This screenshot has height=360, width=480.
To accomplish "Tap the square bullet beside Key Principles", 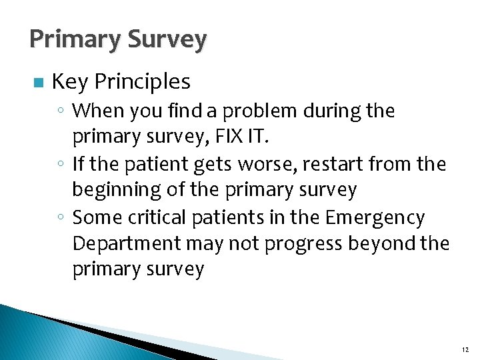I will point(37,83).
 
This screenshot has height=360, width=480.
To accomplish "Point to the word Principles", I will point(143,82).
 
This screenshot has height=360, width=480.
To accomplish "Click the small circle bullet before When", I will point(61,111).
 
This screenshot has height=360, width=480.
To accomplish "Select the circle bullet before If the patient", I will point(61,164).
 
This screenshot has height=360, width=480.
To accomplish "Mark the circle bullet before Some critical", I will point(61,218).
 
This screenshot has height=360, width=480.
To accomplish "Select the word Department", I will point(127,244).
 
